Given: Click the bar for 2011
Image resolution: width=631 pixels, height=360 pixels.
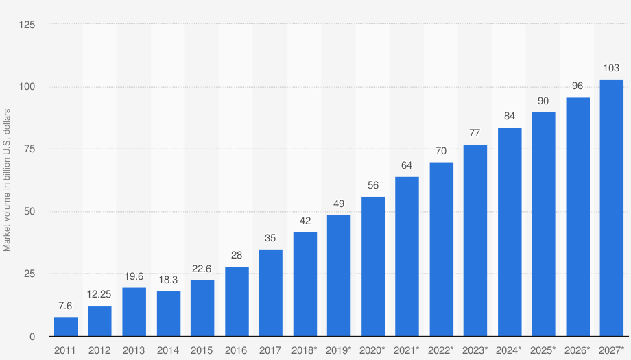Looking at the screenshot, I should pyautogui.click(x=66, y=327).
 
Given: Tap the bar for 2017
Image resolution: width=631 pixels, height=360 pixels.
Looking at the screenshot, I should pyautogui.click(x=270, y=293).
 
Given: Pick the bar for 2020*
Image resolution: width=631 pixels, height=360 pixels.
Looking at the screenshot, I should pyautogui.click(x=373, y=267).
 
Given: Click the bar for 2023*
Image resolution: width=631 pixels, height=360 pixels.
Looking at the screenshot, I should pyautogui.click(x=475, y=241).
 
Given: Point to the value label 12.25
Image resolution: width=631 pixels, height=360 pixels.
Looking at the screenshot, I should pyautogui.click(x=99, y=294).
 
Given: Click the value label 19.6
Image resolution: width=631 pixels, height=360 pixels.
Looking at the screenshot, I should pyautogui.click(x=134, y=276).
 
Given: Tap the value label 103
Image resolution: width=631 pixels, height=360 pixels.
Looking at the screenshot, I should pyautogui.click(x=612, y=68).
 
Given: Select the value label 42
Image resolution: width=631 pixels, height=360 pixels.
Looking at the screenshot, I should pyautogui.click(x=305, y=221).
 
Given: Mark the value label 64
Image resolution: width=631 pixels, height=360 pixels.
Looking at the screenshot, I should pyautogui.click(x=407, y=165).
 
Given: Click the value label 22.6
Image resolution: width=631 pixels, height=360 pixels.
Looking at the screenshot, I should pyautogui.click(x=202, y=269).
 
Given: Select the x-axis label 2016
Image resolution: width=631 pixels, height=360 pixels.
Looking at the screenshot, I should pyautogui.click(x=237, y=350).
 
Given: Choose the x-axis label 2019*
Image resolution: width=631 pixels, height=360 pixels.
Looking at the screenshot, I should pyautogui.click(x=339, y=350).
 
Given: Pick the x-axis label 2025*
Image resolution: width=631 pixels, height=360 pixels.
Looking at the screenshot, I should pyautogui.click(x=543, y=350).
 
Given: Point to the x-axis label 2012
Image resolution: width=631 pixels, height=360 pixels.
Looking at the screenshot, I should pyautogui.click(x=99, y=350).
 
